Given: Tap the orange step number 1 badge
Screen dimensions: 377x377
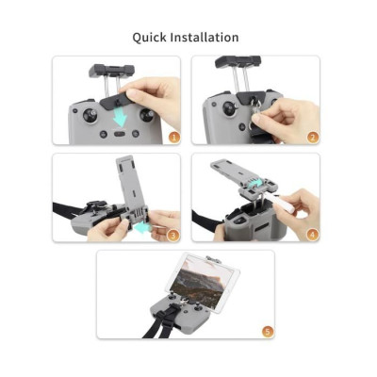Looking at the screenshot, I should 172,137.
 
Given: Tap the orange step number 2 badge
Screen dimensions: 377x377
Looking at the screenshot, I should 312,137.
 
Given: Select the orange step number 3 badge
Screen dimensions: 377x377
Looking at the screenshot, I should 172,235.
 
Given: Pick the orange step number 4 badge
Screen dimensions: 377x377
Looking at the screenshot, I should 312,235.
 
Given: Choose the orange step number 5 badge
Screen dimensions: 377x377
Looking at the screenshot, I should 267,331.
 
